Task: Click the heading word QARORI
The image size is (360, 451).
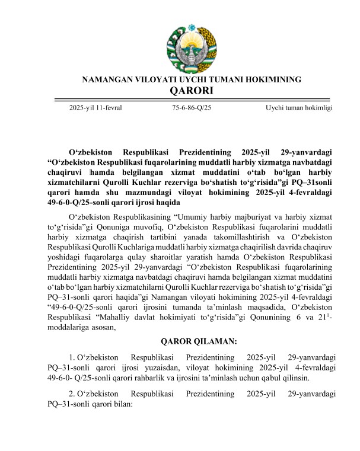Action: click(191, 91)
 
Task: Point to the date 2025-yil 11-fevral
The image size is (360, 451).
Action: click(95, 108)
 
